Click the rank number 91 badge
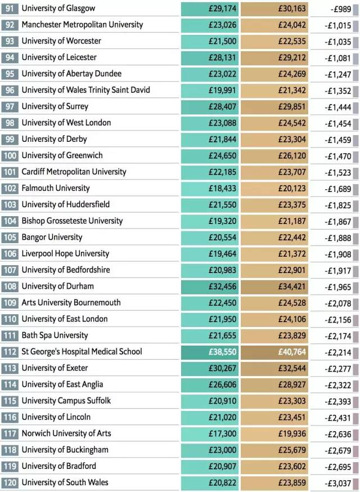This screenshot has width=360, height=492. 10,8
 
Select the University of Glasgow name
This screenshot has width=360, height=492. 58,8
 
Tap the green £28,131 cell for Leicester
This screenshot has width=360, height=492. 210,58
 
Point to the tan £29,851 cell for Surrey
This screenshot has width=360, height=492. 274,107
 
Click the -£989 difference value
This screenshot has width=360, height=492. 341,9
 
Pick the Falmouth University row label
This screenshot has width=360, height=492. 56,188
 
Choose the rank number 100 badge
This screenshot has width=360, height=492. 10,155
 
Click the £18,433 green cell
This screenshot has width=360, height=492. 210,188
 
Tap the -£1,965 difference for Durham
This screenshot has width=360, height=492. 338,287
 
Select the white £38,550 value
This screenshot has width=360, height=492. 223,352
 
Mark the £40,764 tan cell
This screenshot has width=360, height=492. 274,352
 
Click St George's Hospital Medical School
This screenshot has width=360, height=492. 82,352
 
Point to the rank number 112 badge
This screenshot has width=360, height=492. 10,352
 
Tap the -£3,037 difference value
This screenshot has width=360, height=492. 338,483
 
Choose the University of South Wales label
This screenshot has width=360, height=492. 65,482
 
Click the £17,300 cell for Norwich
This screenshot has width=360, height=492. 210,433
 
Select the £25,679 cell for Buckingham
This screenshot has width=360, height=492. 274,450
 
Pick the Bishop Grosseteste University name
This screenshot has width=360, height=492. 72,221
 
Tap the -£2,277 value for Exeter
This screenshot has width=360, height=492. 338,369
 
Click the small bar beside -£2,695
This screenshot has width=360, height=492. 356,467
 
